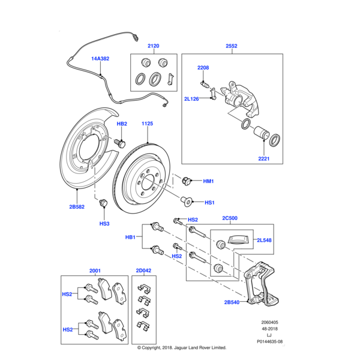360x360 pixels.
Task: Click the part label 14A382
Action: click(100, 59)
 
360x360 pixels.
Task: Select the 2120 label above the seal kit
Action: click(153, 46)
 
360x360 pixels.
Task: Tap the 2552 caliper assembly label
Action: click(232, 46)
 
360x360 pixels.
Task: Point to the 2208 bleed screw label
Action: click(203, 68)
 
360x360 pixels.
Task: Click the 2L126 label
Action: click(192, 99)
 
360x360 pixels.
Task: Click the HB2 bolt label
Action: click(121, 124)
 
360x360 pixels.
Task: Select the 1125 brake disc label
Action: click(148, 124)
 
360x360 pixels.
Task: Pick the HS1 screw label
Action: click(209, 202)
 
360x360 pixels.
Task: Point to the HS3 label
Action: click(104, 224)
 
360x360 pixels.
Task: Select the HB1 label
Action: click(130, 238)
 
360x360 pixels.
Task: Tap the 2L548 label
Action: click(265, 240)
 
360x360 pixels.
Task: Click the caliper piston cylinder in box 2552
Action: click(262, 133)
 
